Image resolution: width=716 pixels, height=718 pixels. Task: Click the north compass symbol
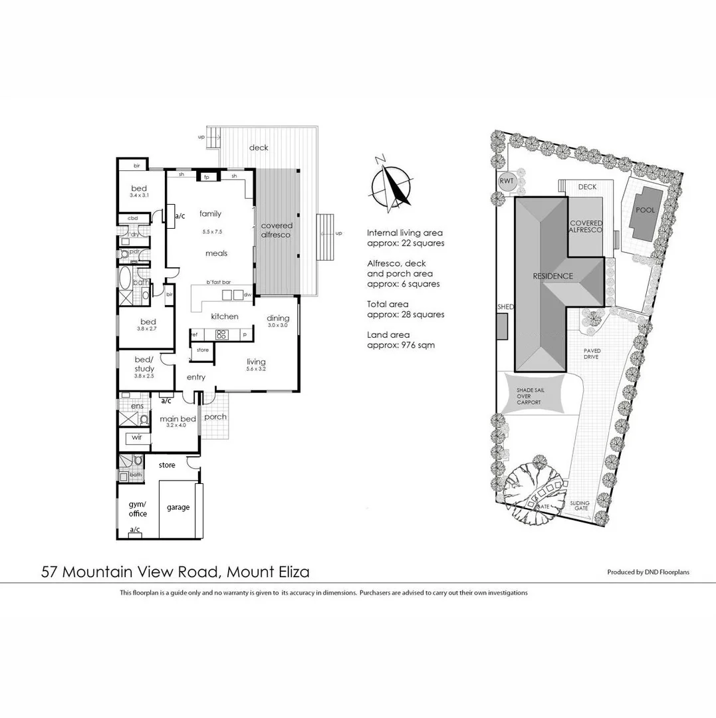[x=391, y=181]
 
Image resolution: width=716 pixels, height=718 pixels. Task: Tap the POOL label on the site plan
[x=645, y=210]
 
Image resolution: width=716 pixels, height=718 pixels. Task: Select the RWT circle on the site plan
[x=507, y=181]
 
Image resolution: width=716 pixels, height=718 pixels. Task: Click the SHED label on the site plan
[x=506, y=307]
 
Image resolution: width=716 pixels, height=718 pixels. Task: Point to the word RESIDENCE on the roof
[x=551, y=276]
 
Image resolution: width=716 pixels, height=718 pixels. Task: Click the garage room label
[x=178, y=507]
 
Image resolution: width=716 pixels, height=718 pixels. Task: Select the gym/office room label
[x=138, y=509]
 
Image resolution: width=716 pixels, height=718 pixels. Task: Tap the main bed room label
[x=178, y=419]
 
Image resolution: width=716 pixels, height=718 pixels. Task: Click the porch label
[x=215, y=417]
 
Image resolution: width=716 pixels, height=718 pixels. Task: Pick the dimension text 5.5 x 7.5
[x=212, y=232]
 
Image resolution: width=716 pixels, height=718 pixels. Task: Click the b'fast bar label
[x=217, y=282]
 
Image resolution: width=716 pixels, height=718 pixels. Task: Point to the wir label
[x=137, y=437]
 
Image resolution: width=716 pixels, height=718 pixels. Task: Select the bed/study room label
[x=144, y=364]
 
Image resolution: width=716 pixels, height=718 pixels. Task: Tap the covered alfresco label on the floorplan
[x=277, y=230]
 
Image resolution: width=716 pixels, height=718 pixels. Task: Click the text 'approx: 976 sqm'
[x=401, y=345]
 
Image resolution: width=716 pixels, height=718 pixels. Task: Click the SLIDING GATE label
[x=579, y=506]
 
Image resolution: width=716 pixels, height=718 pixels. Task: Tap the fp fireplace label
[x=206, y=177]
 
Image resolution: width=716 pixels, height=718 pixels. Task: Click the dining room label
[x=277, y=318]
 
